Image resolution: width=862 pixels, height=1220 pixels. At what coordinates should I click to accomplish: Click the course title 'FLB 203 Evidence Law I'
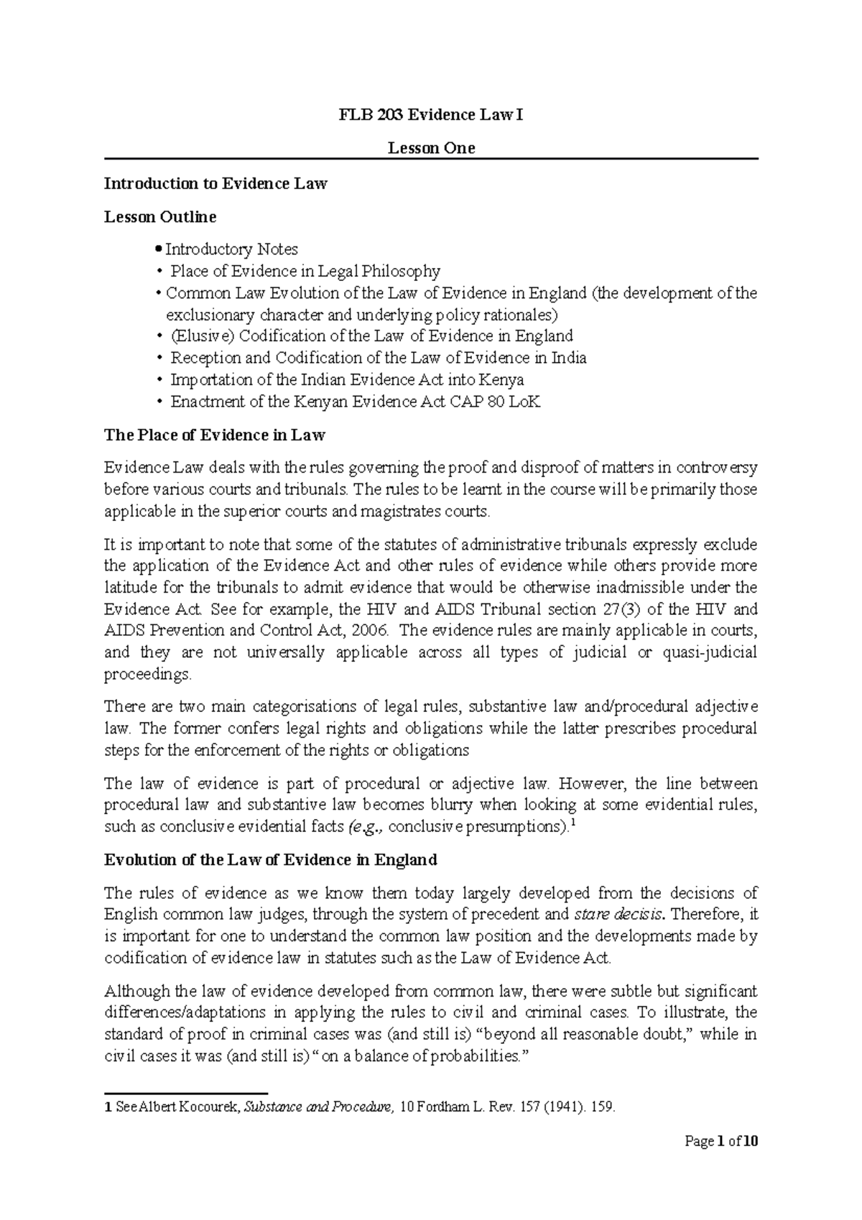[x=431, y=115]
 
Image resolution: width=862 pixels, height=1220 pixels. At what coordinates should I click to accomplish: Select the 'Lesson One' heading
[x=431, y=149]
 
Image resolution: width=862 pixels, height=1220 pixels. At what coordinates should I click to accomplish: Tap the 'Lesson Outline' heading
[x=160, y=216]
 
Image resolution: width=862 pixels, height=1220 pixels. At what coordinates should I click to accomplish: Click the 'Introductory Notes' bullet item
[x=231, y=249]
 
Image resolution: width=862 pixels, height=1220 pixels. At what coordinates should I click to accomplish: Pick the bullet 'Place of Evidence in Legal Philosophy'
[x=305, y=271]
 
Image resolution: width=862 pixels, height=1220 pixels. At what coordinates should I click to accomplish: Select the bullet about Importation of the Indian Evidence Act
[x=346, y=379]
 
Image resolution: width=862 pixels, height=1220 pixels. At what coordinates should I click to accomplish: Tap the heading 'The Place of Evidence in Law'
[x=215, y=435]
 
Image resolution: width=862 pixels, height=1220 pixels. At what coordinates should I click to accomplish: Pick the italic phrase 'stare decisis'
[x=621, y=915]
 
